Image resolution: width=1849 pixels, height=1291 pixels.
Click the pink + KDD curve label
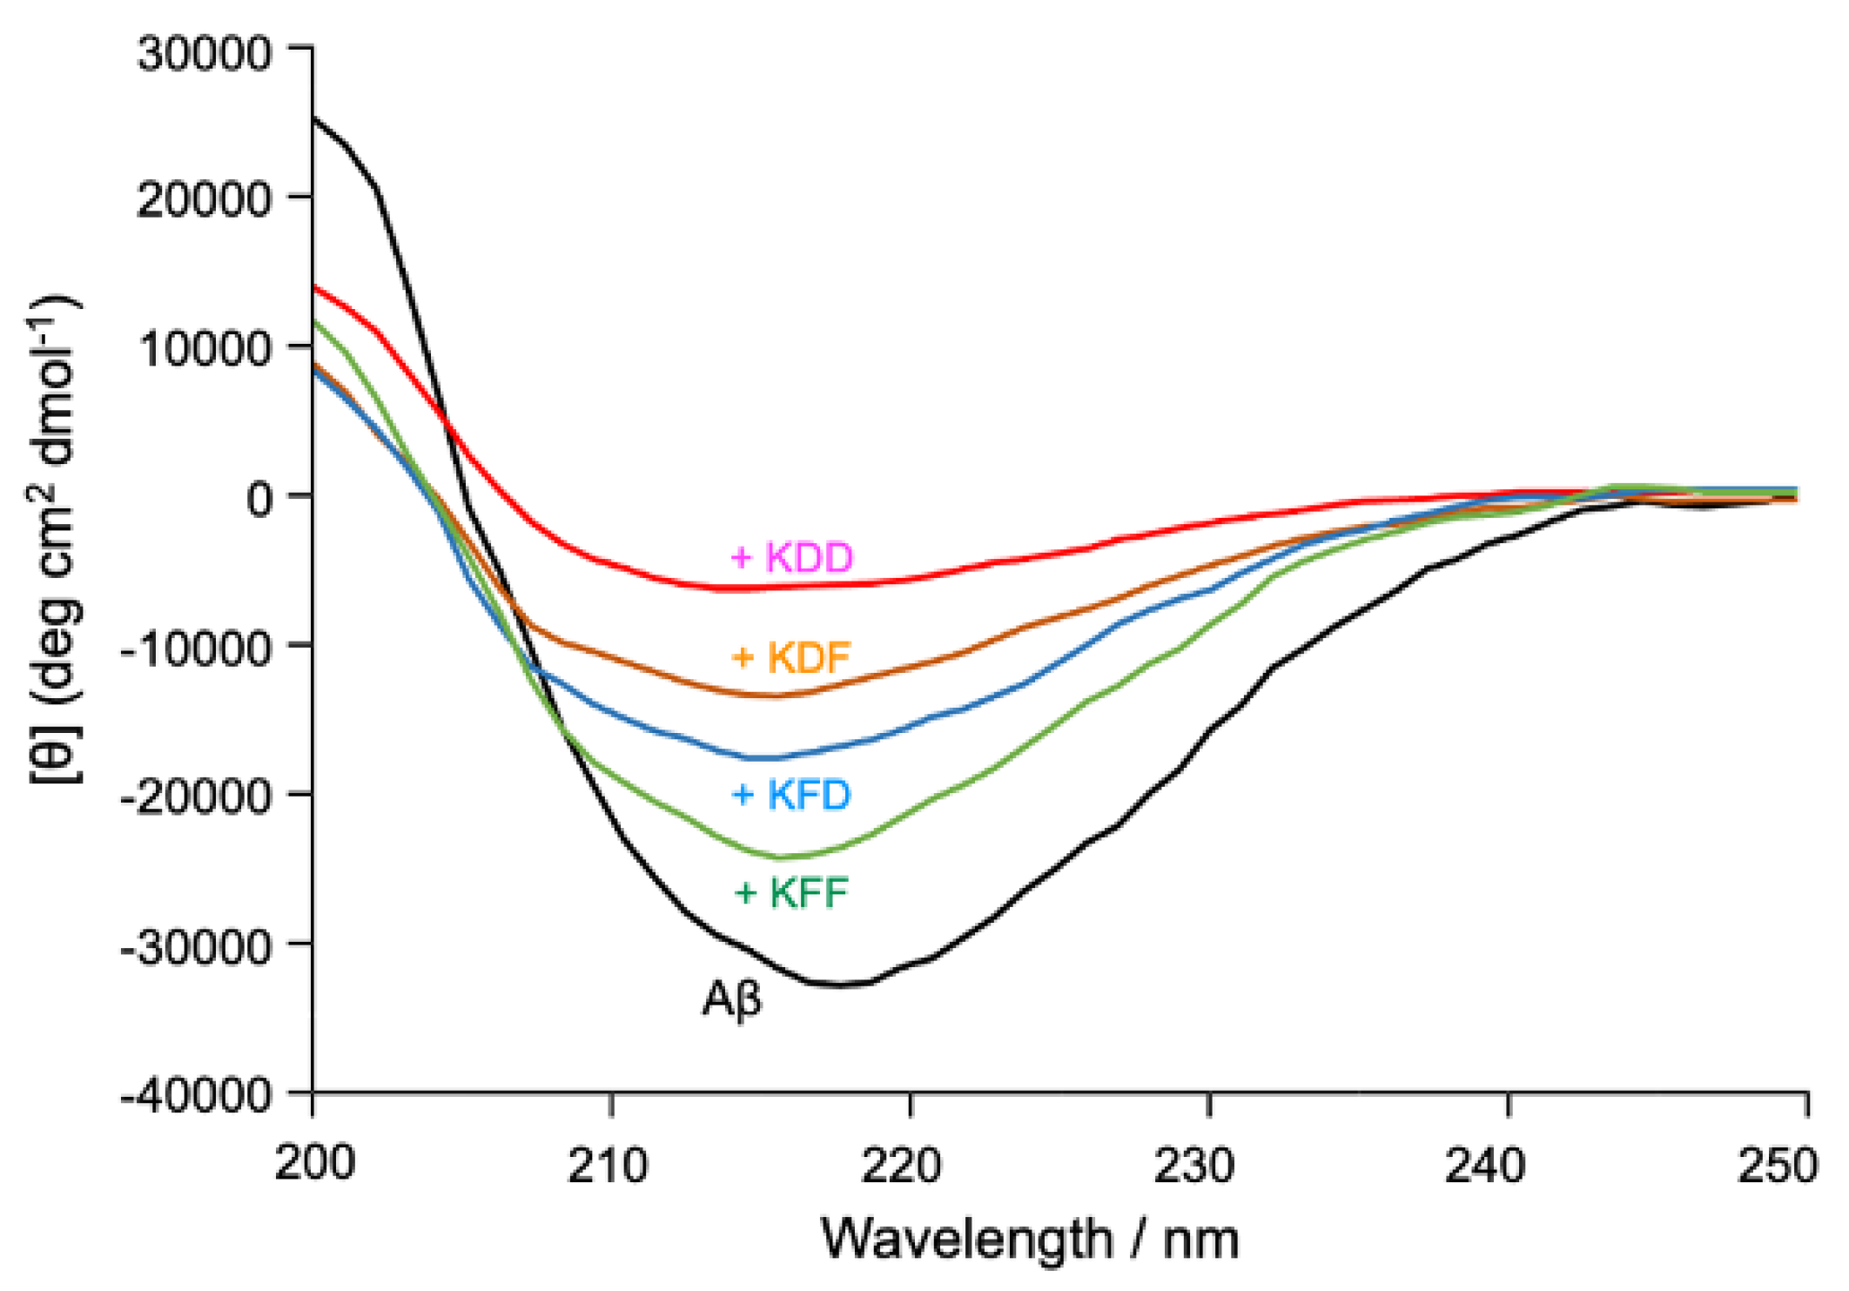(791, 557)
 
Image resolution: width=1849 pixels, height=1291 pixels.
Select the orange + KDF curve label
(790, 657)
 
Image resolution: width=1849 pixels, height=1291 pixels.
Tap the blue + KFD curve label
(790, 794)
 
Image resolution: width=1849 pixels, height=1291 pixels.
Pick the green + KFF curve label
(790, 893)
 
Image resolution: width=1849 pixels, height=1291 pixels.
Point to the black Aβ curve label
(731, 998)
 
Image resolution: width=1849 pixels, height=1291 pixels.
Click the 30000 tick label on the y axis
(205, 53)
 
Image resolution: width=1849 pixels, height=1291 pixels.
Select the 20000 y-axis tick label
(205, 200)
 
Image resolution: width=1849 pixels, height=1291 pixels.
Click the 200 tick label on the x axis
(314, 1163)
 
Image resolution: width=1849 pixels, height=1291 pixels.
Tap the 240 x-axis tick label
(1485, 1163)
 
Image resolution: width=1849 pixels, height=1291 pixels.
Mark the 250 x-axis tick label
(1778, 1163)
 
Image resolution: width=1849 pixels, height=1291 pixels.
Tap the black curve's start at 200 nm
(313, 118)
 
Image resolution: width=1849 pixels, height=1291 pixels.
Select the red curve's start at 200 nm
(313, 286)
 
